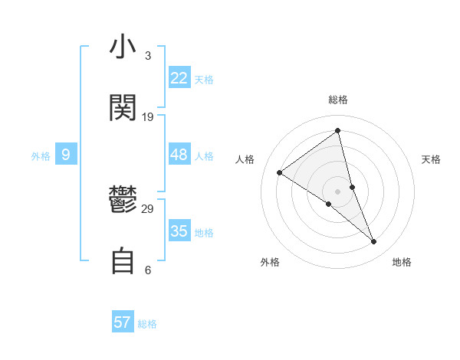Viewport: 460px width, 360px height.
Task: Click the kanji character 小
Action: pyautogui.click(x=123, y=47)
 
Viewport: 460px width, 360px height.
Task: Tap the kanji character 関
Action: pyautogui.click(x=123, y=108)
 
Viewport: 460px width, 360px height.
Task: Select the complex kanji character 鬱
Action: pyautogui.click(x=123, y=201)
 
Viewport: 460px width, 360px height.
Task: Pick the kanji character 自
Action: pyautogui.click(x=123, y=261)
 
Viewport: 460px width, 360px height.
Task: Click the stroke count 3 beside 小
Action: pyautogui.click(x=147, y=56)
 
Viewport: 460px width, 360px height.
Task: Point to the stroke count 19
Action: pyautogui.click(x=148, y=117)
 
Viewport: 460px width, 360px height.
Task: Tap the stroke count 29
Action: pyautogui.click(x=148, y=209)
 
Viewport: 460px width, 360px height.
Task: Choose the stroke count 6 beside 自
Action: pyautogui.click(x=147, y=270)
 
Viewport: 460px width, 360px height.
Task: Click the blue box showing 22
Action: pyautogui.click(x=179, y=78)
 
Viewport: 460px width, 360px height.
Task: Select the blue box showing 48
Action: pyautogui.click(x=179, y=155)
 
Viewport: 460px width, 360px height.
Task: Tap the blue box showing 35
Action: pyautogui.click(x=179, y=231)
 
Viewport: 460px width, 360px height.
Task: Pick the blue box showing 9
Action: pyautogui.click(x=66, y=155)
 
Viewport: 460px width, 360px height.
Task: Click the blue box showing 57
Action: pyautogui.click(x=123, y=322)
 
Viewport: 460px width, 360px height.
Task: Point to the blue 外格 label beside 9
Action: pyautogui.click(x=41, y=156)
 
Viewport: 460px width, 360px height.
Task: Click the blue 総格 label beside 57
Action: pyautogui.click(x=147, y=324)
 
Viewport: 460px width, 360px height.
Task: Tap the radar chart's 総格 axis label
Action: pyautogui.click(x=338, y=100)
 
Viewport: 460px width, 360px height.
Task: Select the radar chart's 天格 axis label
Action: pyautogui.click(x=432, y=159)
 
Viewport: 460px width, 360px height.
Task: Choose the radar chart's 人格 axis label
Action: pyautogui.click(x=245, y=159)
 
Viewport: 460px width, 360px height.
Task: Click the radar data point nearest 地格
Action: pyautogui.click(x=374, y=241)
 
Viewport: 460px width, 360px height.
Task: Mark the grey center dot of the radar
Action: pyautogui.click(x=338, y=191)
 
